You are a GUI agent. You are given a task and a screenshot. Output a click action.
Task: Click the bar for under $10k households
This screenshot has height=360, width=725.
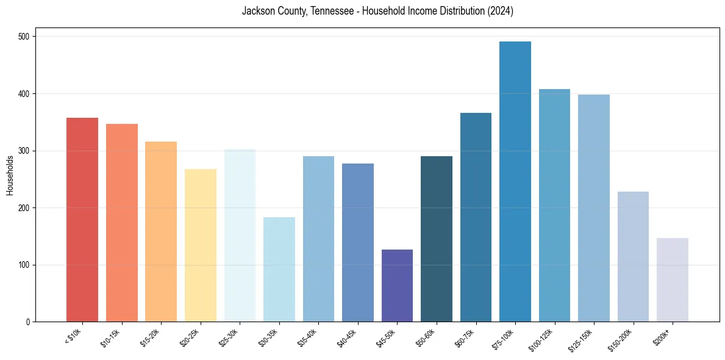(82, 220)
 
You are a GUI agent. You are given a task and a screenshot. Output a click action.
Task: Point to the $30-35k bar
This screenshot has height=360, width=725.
(279, 269)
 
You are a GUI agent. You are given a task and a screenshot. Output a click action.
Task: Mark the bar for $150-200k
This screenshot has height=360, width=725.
(633, 257)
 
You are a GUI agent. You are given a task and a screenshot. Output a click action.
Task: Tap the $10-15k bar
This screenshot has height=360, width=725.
(122, 223)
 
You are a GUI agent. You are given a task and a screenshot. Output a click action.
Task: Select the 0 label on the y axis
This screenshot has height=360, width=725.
(29, 322)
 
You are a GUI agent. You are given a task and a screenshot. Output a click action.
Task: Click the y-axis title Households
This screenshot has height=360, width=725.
(10, 175)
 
